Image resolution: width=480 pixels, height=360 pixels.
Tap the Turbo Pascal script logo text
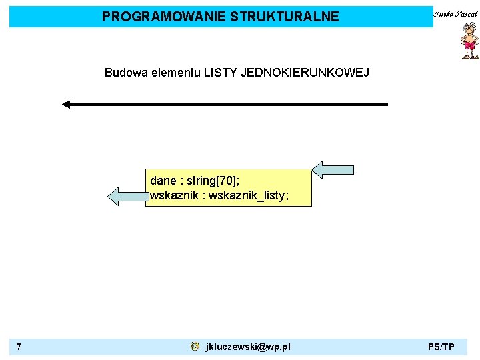point(455,13)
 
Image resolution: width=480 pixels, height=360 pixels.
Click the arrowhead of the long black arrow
point(67,104)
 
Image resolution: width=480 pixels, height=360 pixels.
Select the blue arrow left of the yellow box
point(127,197)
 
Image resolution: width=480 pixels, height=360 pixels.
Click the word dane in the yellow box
point(163,181)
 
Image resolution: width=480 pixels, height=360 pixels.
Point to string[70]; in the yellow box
point(213,181)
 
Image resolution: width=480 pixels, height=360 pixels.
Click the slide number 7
point(19,347)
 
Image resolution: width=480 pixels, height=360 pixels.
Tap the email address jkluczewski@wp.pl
point(248,347)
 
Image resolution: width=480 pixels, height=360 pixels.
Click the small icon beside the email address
point(195,347)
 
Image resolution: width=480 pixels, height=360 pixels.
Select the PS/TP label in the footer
point(441,347)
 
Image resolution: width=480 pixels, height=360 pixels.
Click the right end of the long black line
point(385,104)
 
